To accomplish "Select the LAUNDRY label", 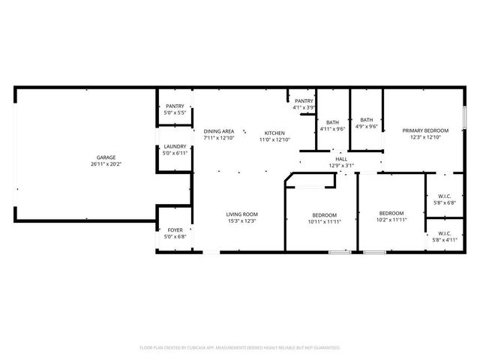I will [175, 147].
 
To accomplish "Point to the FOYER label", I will [175, 231].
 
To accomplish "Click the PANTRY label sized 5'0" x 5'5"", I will [175, 106].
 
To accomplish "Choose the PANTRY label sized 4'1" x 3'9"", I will [304, 101].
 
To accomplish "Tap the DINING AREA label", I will [219, 132].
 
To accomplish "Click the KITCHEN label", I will [274, 132].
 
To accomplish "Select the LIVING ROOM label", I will [242, 215].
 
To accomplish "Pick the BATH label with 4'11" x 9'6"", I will [332, 122].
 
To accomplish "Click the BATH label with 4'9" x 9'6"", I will [366, 120].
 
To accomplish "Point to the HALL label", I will [341, 159].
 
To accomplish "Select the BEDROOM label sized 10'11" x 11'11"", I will [324, 215].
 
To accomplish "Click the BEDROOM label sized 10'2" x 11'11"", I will [391, 213].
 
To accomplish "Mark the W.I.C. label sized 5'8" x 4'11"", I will [444, 233].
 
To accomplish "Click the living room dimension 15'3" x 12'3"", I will [242, 222].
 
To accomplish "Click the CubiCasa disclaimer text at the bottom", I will [240, 348].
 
